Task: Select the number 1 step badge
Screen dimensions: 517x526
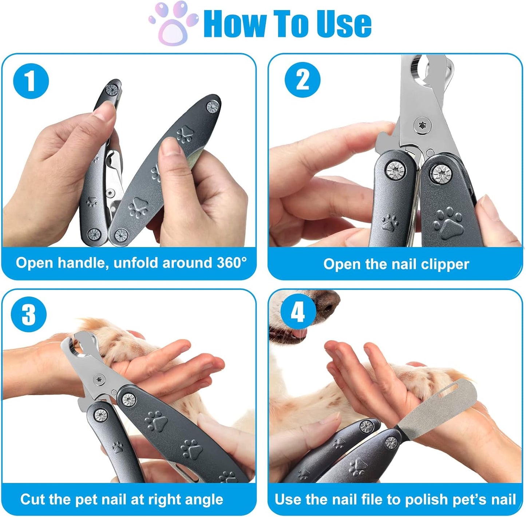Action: (31, 81)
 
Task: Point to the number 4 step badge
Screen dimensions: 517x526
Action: (297, 311)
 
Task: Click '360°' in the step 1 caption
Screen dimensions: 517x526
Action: (232, 263)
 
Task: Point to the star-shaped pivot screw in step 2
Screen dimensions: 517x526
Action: (422, 126)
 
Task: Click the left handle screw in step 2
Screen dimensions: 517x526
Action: (396, 170)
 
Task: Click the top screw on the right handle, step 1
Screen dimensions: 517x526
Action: (212, 107)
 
